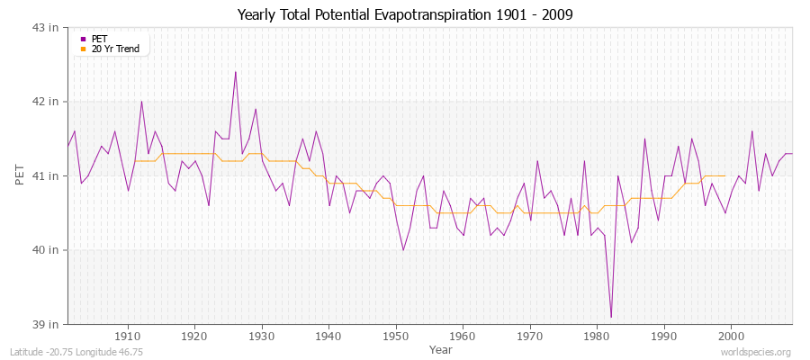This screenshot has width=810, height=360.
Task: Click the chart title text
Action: (x=404, y=14)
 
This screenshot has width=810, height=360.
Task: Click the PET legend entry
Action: (x=100, y=39)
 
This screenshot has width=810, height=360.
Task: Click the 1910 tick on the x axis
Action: (x=128, y=335)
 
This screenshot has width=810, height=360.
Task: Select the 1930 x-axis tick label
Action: (x=262, y=335)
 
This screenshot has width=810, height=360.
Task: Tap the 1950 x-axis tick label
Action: (x=396, y=335)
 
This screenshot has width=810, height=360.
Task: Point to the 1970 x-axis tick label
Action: (x=530, y=335)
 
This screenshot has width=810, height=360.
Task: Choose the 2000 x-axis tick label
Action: (x=731, y=335)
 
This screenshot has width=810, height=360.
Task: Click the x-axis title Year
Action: (x=440, y=348)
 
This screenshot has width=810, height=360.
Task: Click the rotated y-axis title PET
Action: (x=20, y=175)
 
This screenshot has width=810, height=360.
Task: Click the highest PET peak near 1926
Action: (x=236, y=72)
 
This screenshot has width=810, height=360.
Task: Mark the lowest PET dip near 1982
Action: (x=611, y=317)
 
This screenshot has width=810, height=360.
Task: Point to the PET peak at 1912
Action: (x=141, y=101)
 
